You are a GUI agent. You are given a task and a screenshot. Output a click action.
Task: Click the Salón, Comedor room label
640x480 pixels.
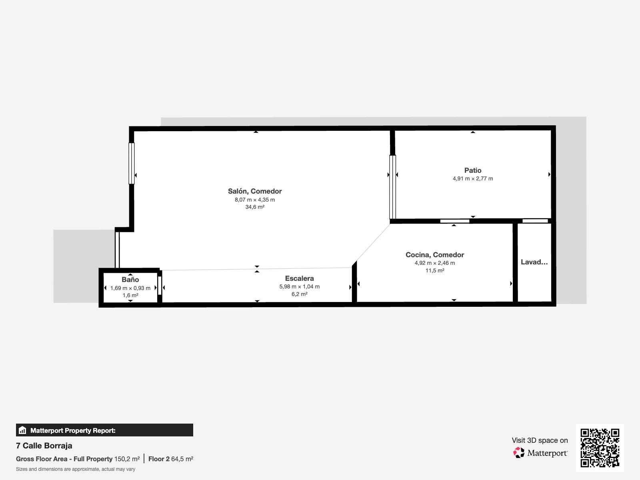pyautogui.click(x=255, y=191)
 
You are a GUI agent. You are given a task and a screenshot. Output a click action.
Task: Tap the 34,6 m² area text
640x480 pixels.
pyautogui.click(x=255, y=207)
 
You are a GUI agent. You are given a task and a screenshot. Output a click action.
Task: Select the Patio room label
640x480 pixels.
pyautogui.click(x=473, y=170)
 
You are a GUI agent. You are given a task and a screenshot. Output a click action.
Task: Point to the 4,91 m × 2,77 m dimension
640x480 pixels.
pyautogui.click(x=473, y=178)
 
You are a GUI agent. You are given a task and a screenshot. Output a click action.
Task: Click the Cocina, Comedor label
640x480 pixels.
pyautogui.click(x=435, y=255)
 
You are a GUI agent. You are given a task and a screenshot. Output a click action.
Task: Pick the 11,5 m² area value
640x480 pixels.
pyautogui.click(x=435, y=270)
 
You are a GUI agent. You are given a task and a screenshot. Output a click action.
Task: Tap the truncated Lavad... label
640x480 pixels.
pyautogui.click(x=534, y=262)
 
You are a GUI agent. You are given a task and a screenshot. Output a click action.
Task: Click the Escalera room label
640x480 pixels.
pyautogui.click(x=300, y=278)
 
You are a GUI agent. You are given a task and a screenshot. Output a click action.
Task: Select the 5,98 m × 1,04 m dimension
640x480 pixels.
pyautogui.click(x=300, y=286)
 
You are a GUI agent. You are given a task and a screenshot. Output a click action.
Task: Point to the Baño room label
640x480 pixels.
pyautogui.click(x=130, y=280)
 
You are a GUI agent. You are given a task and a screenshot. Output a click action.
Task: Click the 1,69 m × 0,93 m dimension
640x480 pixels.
pyautogui.click(x=130, y=288)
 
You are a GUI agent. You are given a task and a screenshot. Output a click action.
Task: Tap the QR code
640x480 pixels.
pyautogui.click(x=600, y=448)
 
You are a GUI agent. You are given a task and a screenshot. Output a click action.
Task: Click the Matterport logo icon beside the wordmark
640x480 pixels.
pyautogui.click(x=519, y=453)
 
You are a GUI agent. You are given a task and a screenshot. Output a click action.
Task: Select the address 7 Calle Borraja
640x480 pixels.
pyautogui.click(x=44, y=446)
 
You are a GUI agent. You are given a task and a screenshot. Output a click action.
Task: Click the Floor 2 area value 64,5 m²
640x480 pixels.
pyautogui.click(x=182, y=459)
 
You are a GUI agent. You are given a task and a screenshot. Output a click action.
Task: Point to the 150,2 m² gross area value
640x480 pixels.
pyautogui.click(x=127, y=459)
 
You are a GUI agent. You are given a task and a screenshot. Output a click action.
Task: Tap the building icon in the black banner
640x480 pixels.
pyautogui.click(x=22, y=430)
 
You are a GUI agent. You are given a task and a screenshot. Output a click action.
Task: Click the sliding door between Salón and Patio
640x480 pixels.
pyautogui.click(x=393, y=187)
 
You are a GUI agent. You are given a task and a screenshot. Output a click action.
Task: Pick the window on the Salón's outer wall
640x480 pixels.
pyautogui.click(x=132, y=164)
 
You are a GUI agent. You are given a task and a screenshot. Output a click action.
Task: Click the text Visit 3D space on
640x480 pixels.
pyautogui.click(x=540, y=440)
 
